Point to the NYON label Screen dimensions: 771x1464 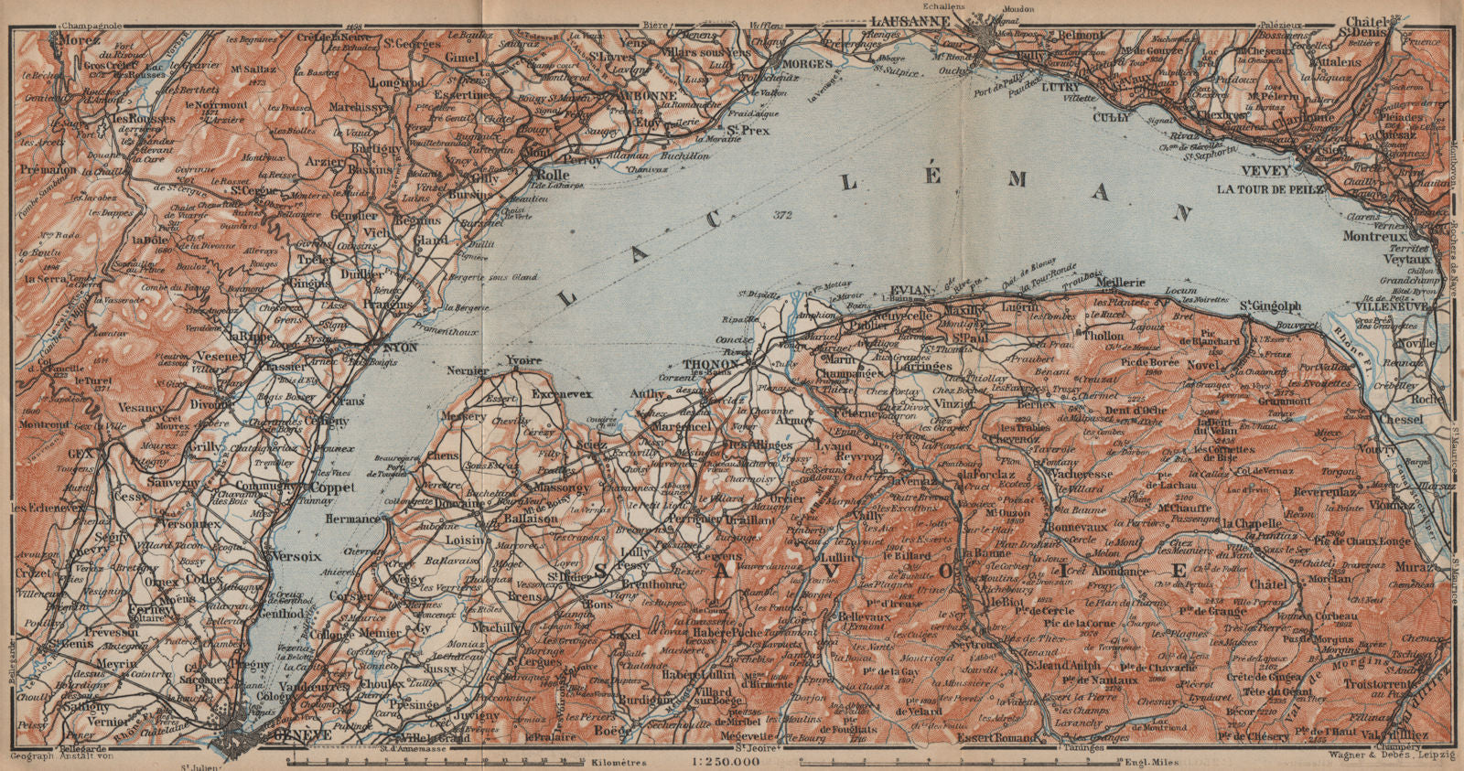[x=400, y=348]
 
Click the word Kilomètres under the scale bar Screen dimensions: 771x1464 [x=619, y=762]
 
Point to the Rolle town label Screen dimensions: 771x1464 [x=553, y=174]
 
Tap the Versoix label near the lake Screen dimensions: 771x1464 [x=292, y=555]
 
